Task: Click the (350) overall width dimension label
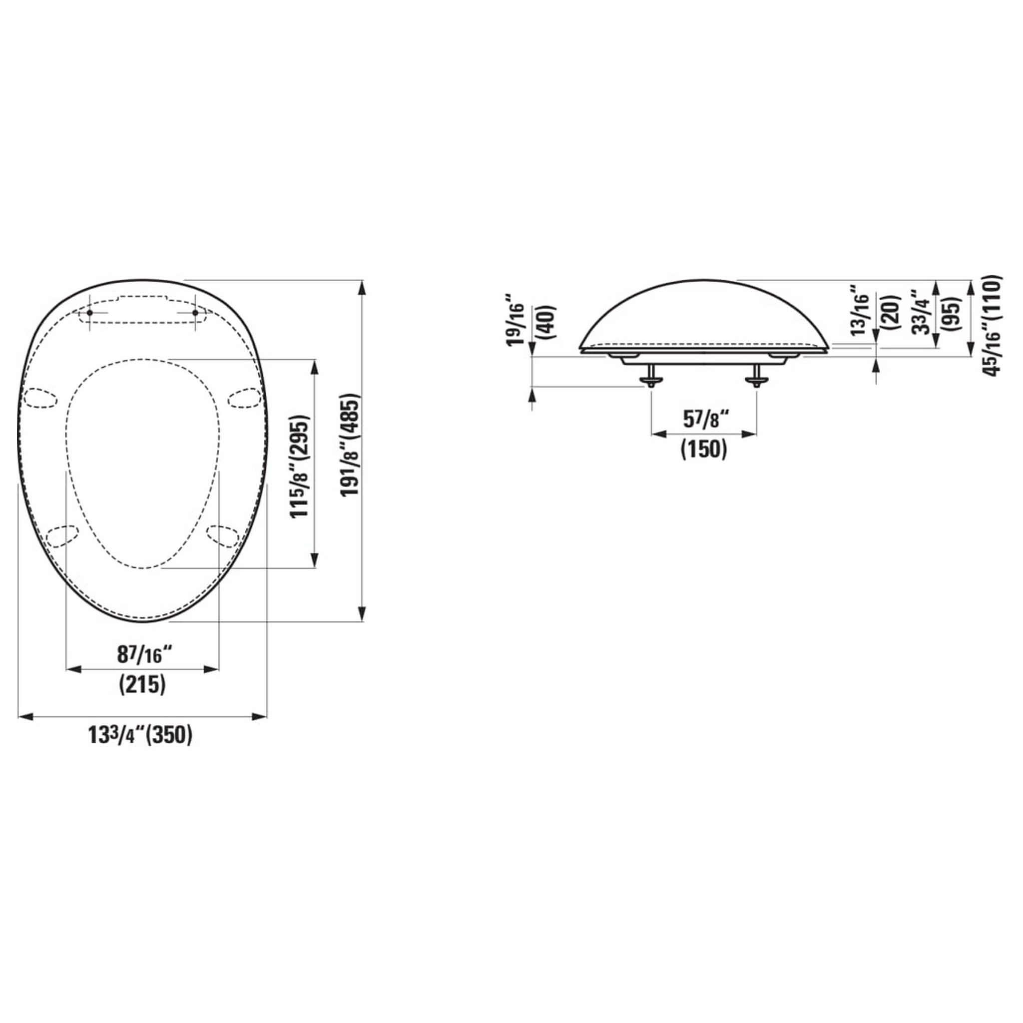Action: (169, 736)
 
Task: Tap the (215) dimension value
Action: (142, 685)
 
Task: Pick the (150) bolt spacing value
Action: (704, 450)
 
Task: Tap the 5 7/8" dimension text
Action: (704, 420)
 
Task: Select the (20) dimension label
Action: (891, 312)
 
